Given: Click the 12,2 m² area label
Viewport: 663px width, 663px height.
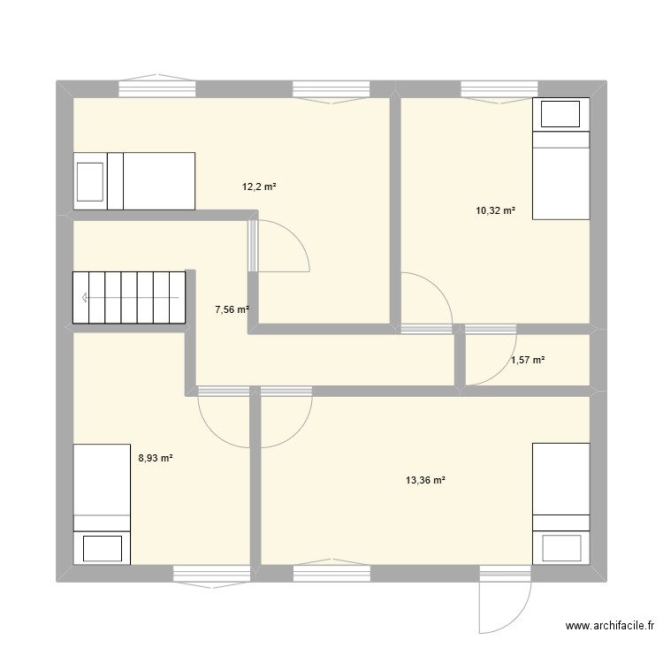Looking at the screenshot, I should click(x=259, y=187).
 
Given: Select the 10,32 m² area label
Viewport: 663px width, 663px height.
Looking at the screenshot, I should click(x=495, y=210).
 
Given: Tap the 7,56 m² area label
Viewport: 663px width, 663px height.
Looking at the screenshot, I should click(x=232, y=309).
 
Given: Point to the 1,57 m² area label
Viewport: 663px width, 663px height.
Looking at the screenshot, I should click(x=528, y=360).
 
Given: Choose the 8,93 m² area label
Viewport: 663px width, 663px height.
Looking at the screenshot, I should click(x=155, y=458).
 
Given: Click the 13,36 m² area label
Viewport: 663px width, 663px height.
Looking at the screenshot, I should click(x=424, y=480).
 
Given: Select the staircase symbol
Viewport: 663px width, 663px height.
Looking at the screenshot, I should click(x=129, y=298).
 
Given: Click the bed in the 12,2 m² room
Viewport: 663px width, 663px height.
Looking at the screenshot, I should click(x=133, y=181).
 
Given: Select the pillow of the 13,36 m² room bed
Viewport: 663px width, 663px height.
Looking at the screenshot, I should click(x=560, y=547).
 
